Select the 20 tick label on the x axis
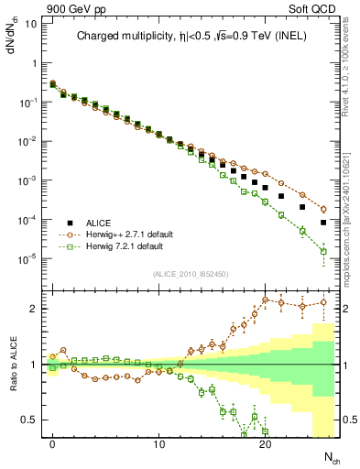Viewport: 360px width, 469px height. [265, 445]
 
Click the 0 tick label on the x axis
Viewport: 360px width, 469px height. [52, 445]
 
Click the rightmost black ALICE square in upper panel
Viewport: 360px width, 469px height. [323, 223]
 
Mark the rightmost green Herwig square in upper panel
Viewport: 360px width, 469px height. [323, 251]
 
